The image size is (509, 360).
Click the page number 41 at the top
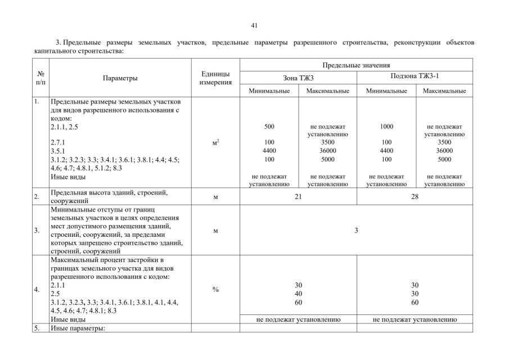pyautogui.click(x=254, y=25)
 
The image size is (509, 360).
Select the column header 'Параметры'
pyautogui.click(x=120, y=78)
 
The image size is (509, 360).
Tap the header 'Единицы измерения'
pyautogui.click(x=215, y=78)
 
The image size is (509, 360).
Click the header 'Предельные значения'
pyautogui.click(x=356, y=65)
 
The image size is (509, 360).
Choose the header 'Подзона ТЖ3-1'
pyautogui.click(x=415, y=77)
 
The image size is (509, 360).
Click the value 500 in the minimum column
pyautogui.click(x=269, y=127)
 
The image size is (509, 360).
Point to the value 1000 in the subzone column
pyautogui.click(x=386, y=127)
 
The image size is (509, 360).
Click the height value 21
pyautogui.click(x=298, y=197)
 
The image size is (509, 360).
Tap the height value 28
pyautogui.click(x=415, y=197)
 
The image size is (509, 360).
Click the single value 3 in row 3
pyautogui.click(x=356, y=230)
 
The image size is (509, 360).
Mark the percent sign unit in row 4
pyautogui.click(x=215, y=290)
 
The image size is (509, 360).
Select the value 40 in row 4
pyautogui.click(x=298, y=294)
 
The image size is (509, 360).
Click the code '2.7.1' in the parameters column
pyautogui.click(x=57, y=143)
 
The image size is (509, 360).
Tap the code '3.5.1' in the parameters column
pyautogui.click(x=57, y=151)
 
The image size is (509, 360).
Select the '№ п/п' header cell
pyautogui.click(x=40, y=78)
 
